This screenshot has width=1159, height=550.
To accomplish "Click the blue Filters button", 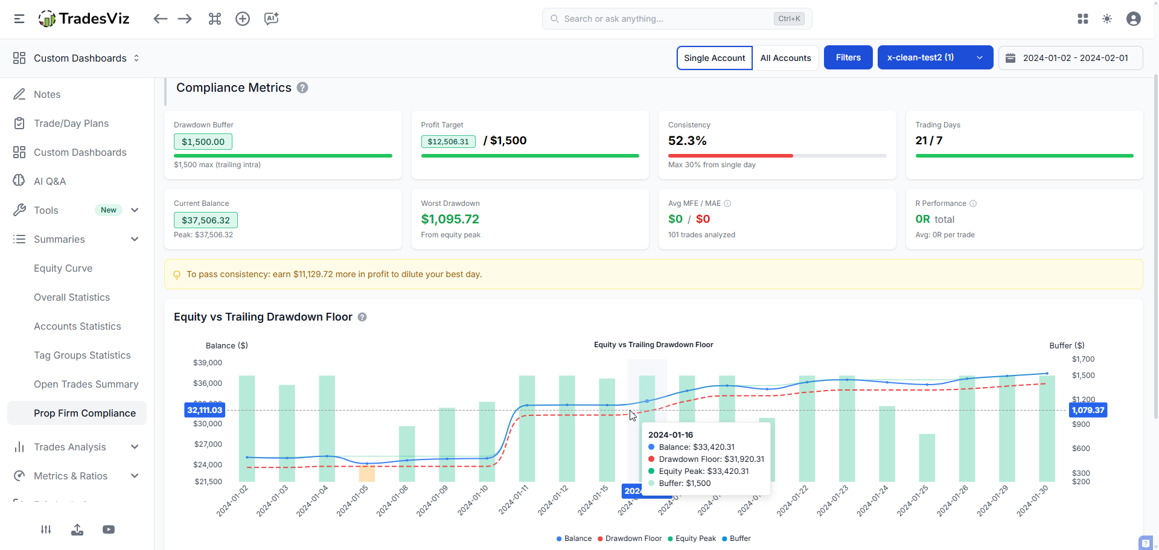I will tap(848, 57).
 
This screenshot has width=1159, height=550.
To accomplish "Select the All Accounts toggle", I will tap(785, 58).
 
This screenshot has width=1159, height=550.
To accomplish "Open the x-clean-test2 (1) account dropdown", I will tap(934, 57).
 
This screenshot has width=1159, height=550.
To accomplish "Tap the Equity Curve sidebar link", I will tap(63, 268).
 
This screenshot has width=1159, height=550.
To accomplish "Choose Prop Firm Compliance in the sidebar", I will tap(85, 413).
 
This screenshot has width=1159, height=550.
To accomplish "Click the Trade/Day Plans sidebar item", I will tap(71, 123).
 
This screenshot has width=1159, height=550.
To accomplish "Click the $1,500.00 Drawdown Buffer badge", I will tap(203, 142).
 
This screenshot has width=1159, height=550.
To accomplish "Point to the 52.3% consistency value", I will tap(687, 141).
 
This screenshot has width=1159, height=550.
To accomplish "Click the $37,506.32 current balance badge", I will tap(205, 220).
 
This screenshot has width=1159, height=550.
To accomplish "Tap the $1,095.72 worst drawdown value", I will tap(450, 219).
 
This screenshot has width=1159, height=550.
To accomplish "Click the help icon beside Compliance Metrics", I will tap(302, 88).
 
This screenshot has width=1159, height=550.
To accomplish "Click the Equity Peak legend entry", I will tap(695, 539).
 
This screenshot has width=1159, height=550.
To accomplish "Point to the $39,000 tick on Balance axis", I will tap(208, 363).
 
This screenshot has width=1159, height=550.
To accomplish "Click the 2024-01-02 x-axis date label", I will tap(232, 500).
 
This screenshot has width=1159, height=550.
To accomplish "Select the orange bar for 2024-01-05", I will tap(367, 473).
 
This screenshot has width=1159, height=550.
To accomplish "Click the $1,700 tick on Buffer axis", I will tap(1083, 359).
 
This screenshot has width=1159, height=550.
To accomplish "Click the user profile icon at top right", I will tap(1133, 19).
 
